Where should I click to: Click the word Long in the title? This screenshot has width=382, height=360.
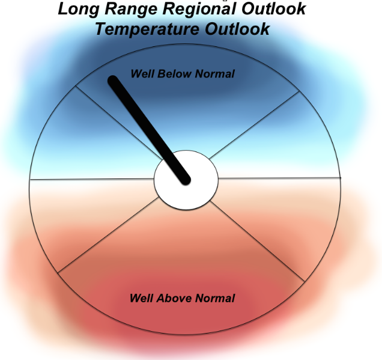(79, 10)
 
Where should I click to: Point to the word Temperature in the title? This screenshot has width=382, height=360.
(147, 29)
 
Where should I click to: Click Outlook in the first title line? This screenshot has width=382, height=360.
(274, 9)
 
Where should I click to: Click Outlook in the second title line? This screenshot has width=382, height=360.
(237, 29)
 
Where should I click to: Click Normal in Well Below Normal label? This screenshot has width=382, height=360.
(214, 73)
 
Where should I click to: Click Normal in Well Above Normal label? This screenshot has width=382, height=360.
(215, 298)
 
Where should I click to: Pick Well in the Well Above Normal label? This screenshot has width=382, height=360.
(141, 298)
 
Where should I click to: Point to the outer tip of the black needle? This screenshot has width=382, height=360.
(113, 80)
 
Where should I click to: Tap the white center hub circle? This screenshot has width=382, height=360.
(186, 180)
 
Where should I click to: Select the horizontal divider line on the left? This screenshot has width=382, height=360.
(92, 179)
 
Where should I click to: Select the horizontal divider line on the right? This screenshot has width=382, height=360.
(279, 178)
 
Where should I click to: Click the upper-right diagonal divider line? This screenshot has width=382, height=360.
(254, 125)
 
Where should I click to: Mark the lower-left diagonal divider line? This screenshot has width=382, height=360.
(108, 235)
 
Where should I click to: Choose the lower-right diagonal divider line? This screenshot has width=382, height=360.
(257, 241)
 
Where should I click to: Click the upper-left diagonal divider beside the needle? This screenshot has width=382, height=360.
(119, 123)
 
